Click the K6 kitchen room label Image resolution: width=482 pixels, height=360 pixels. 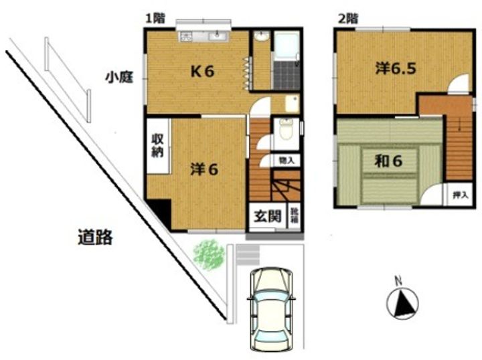click(x=202, y=72)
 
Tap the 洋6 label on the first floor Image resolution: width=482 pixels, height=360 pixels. click(x=204, y=170)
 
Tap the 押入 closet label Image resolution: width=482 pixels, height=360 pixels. click(x=459, y=195)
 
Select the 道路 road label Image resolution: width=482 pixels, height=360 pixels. click(x=94, y=236)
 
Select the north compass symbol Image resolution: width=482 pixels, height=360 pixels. click(x=402, y=302)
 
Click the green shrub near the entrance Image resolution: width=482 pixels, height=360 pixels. click(x=210, y=255)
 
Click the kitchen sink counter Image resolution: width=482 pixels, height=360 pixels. click(x=204, y=36)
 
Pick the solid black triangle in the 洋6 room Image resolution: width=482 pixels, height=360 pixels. click(x=159, y=213)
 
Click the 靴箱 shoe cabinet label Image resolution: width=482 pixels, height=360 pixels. click(x=295, y=216)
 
